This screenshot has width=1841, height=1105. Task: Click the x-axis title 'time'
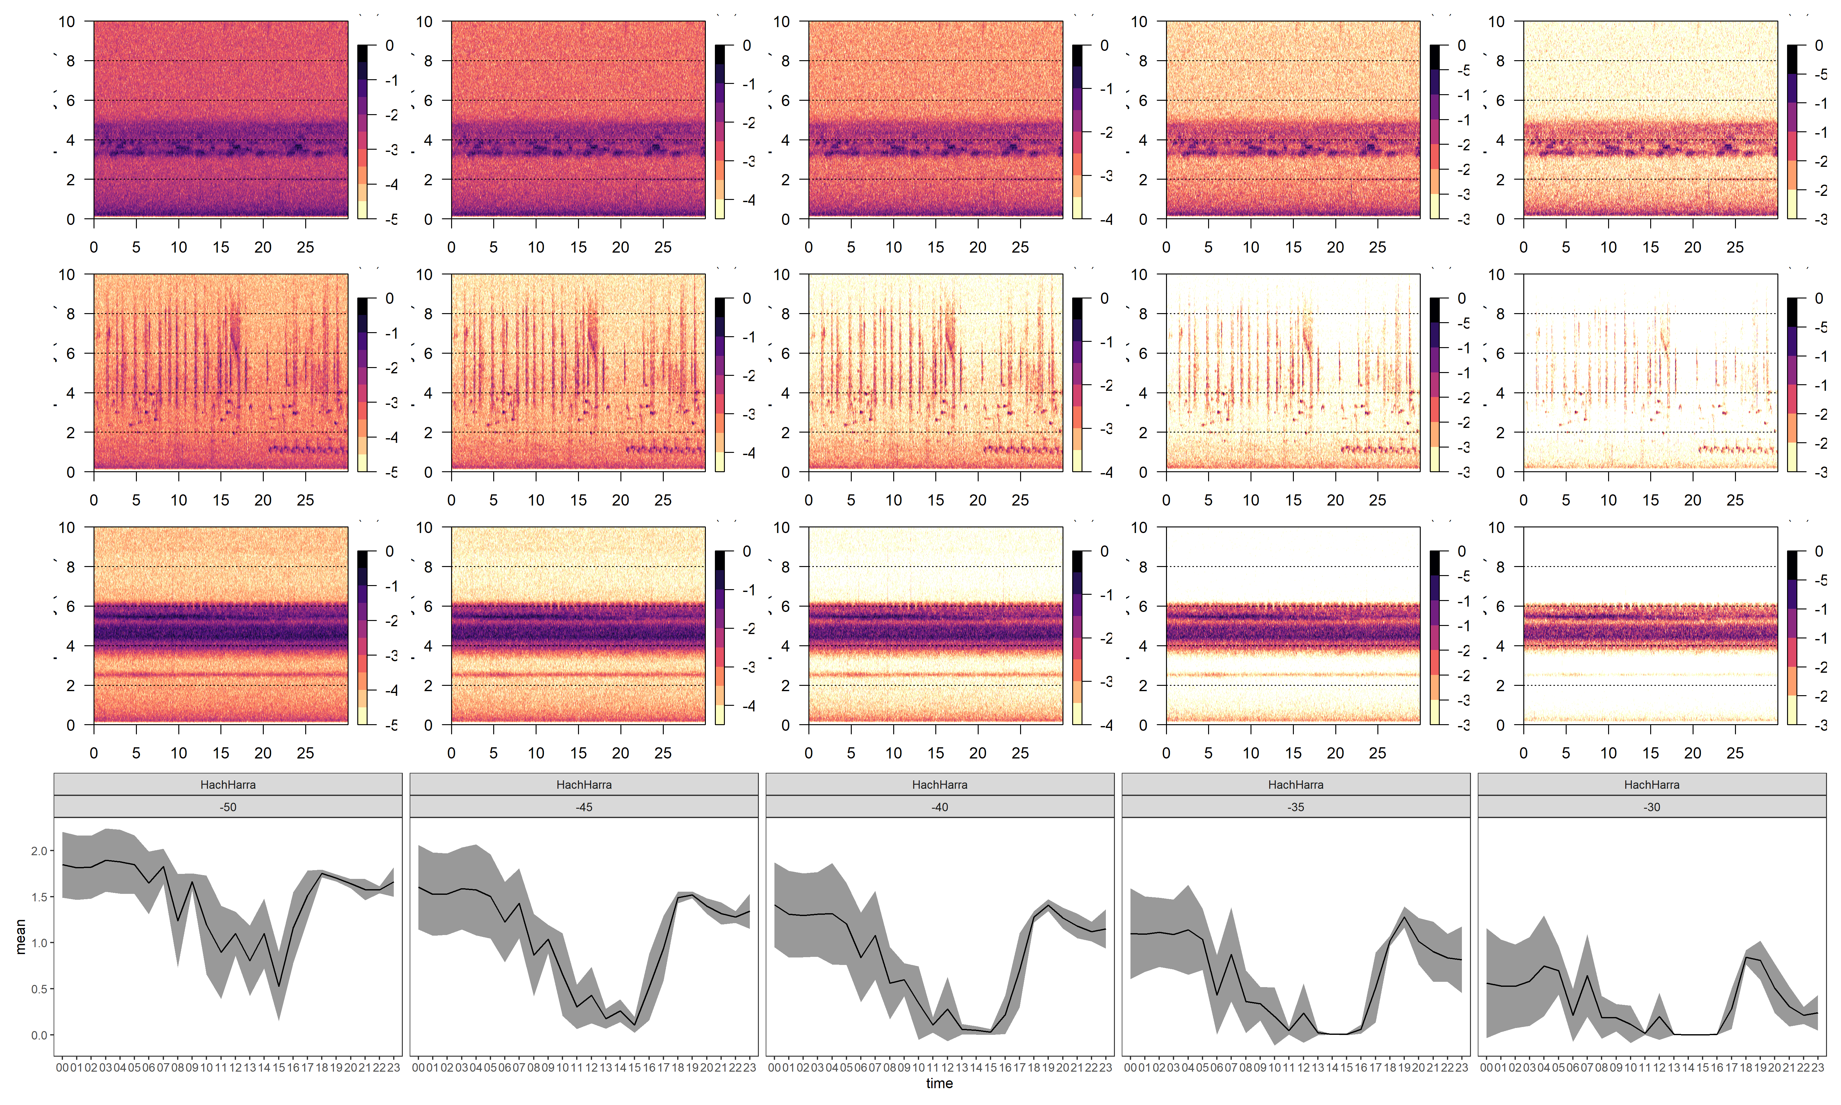click(939, 1083)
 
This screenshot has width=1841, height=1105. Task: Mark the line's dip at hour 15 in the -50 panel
click(279, 986)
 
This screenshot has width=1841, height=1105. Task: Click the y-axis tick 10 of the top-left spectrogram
click(67, 22)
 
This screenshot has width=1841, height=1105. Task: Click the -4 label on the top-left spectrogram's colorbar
click(391, 185)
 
